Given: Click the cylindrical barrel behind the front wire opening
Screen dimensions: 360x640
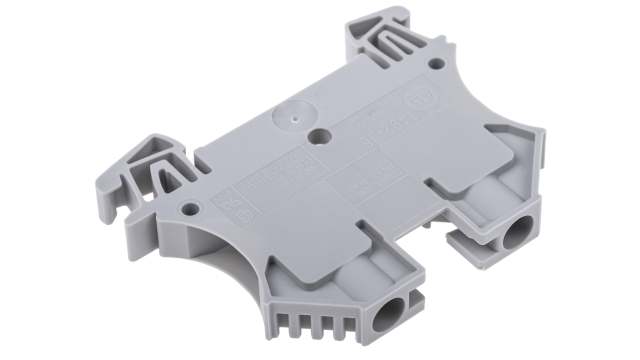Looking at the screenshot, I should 370,275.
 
